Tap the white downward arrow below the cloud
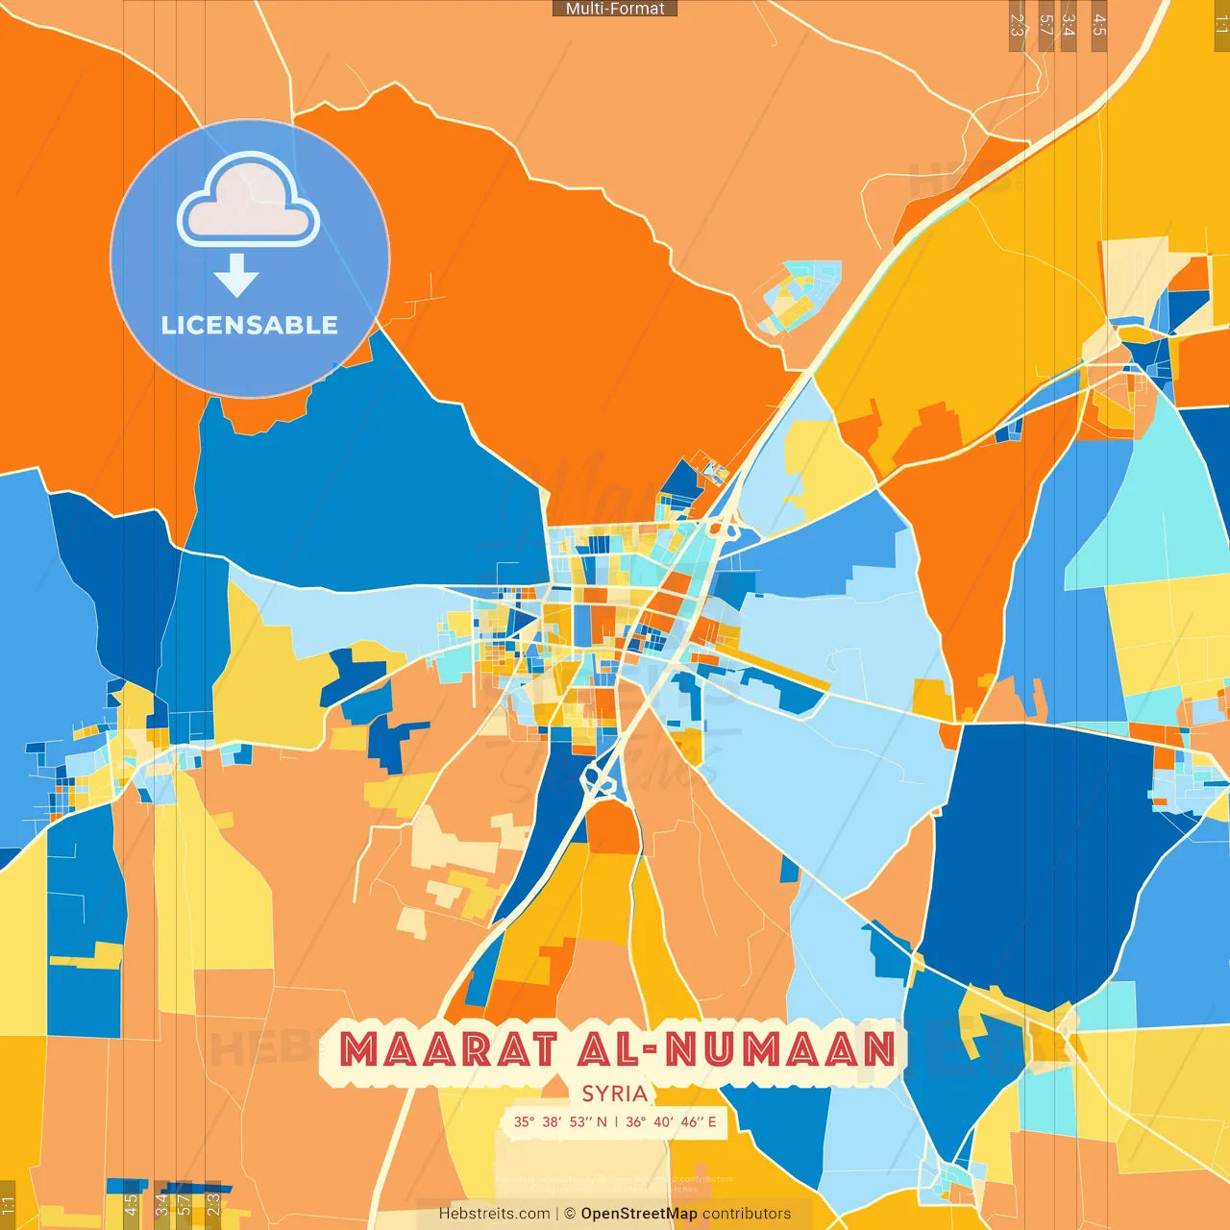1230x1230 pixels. coord(236,275)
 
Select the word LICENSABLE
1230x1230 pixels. coord(250,325)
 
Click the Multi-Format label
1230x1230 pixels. coord(615,9)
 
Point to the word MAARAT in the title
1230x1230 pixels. coord(448,1049)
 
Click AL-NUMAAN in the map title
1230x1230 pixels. coord(736,1049)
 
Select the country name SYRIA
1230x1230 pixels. coord(615,1094)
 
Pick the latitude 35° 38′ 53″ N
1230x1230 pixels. coord(560,1121)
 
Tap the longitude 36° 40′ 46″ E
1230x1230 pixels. coord(671,1121)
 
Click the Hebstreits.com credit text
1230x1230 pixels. coord(495,1214)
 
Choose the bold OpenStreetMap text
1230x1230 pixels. coord(639,1214)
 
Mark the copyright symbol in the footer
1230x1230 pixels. coord(570,1214)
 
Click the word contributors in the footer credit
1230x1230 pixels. coord(747,1214)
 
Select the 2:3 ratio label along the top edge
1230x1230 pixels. coord(1017,25)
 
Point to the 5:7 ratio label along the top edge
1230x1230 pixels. coord(1045,25)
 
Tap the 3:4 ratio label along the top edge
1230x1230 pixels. coord(1069,25)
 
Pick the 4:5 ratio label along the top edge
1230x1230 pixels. coord(1099,25)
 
